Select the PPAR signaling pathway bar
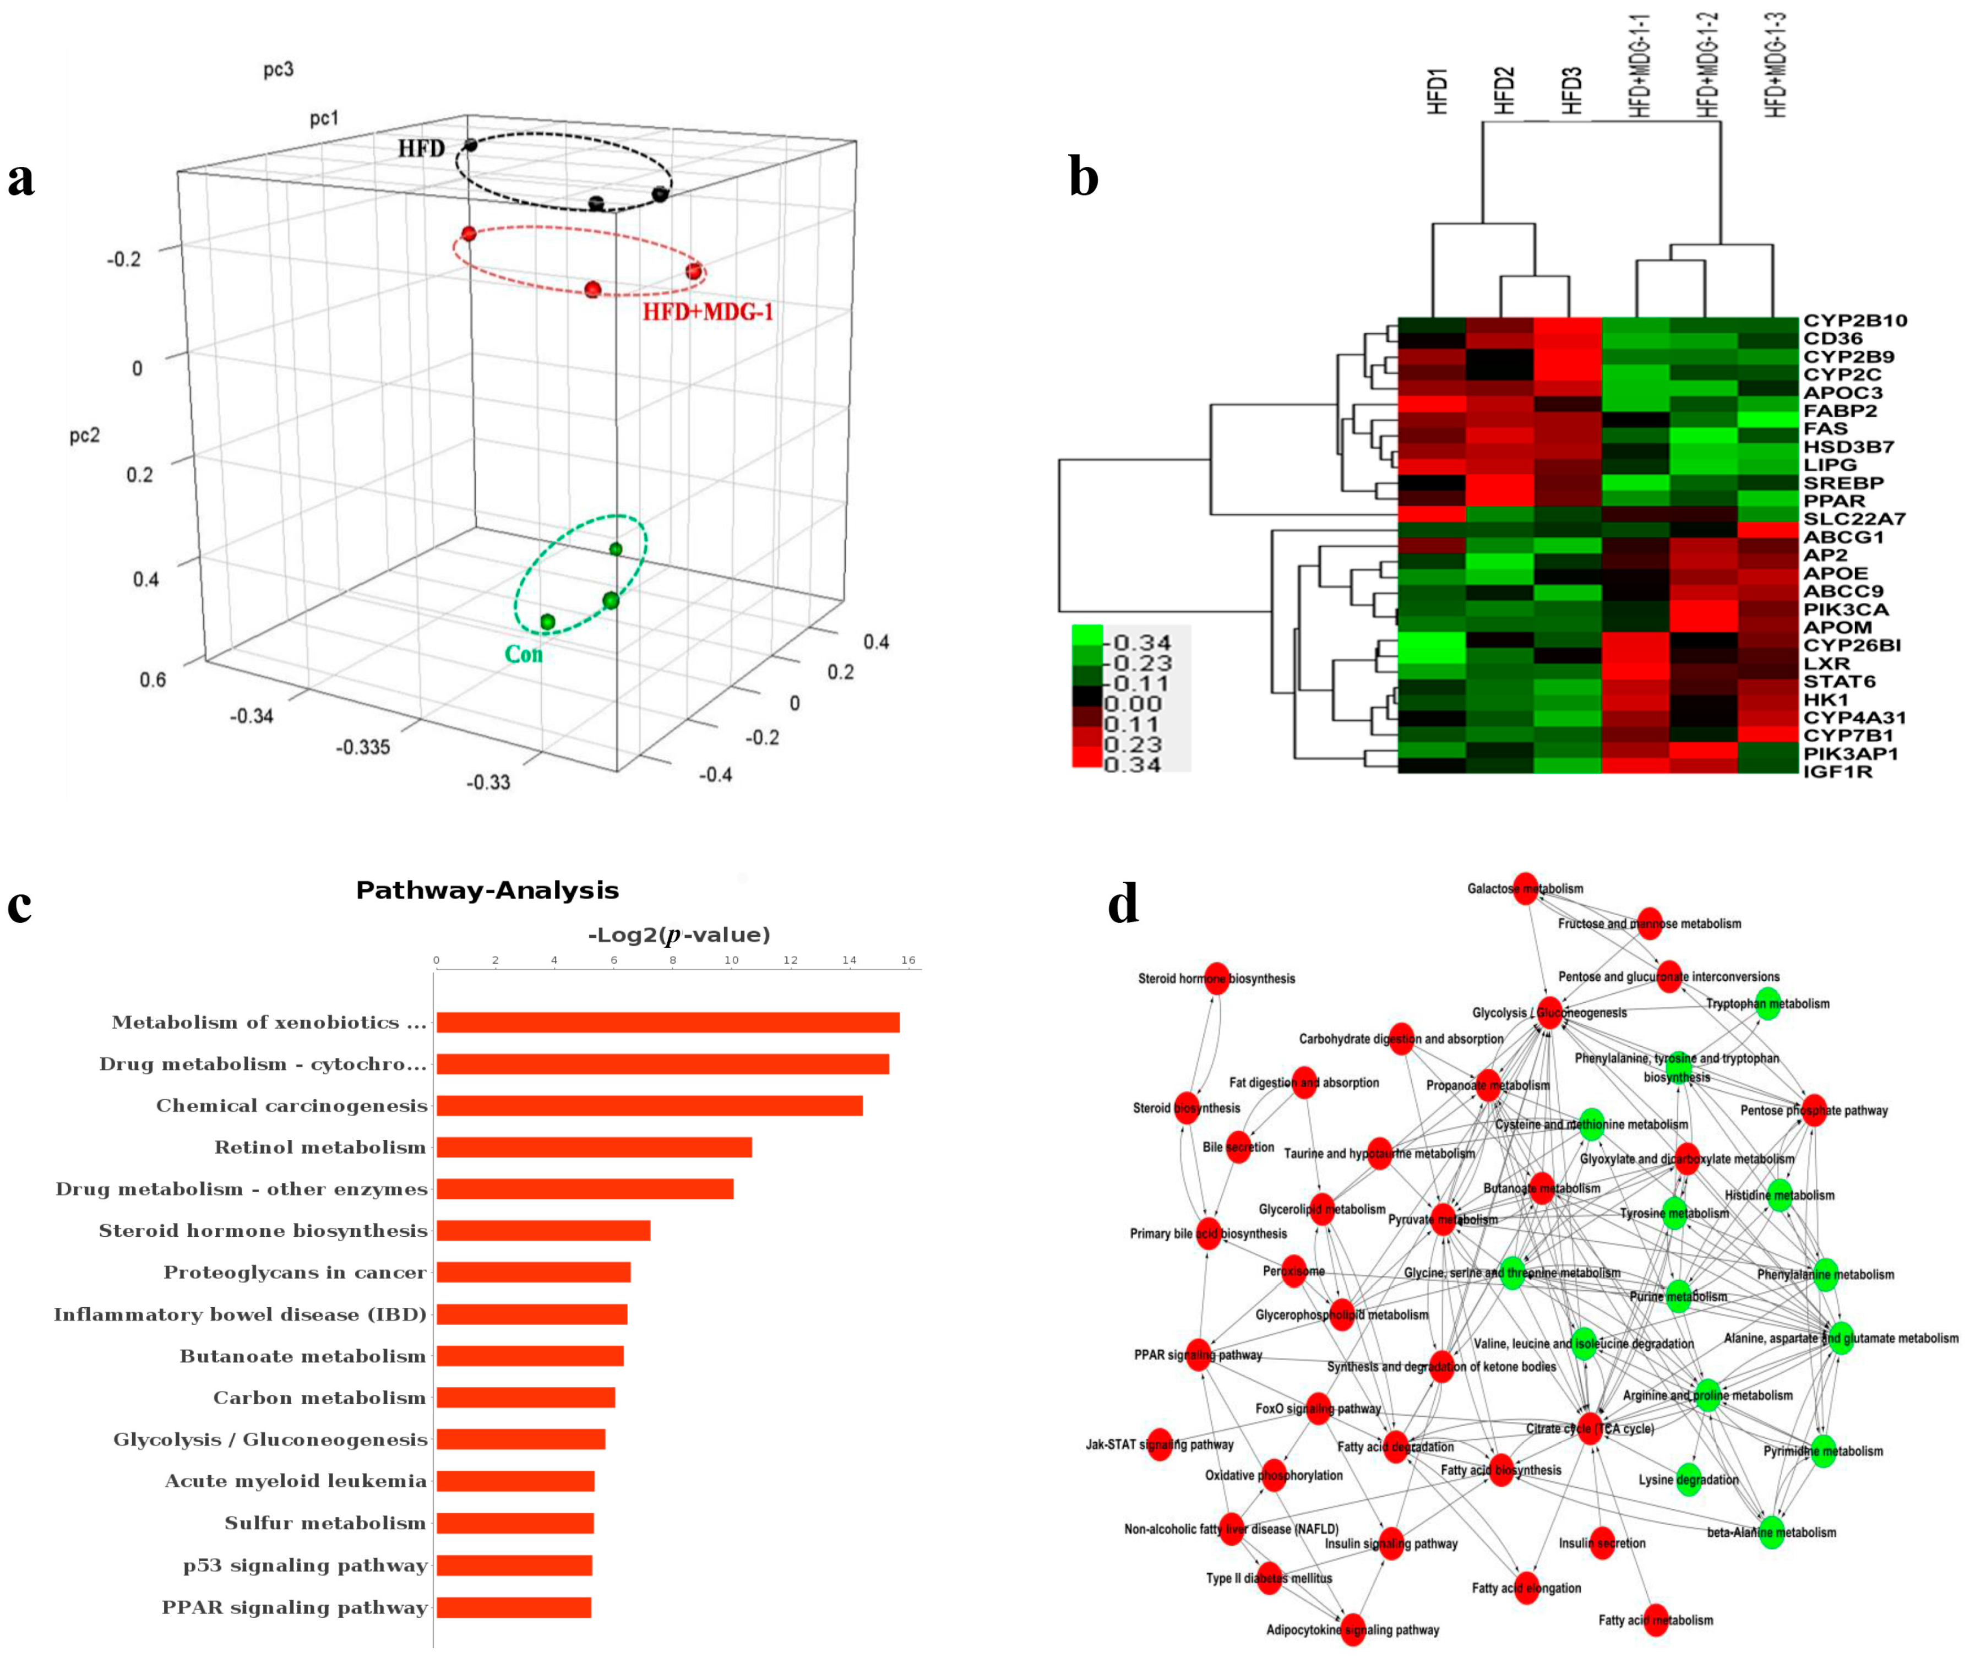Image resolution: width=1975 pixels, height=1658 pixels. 514,1607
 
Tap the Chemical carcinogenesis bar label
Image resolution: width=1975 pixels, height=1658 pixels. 292,1106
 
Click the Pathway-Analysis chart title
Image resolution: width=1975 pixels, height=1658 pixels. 487,890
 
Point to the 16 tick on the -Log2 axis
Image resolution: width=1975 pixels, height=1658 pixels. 907,960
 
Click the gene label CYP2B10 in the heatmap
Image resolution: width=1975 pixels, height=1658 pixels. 1854,320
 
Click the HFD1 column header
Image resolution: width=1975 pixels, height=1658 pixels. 1436,91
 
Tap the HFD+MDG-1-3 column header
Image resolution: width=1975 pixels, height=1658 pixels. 1775,66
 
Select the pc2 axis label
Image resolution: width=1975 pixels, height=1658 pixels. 85,436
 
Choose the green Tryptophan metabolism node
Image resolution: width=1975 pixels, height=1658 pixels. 1767,1003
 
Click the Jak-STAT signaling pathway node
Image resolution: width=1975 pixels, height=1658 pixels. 1160,1444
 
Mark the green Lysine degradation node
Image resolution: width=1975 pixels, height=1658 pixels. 1688,1480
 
